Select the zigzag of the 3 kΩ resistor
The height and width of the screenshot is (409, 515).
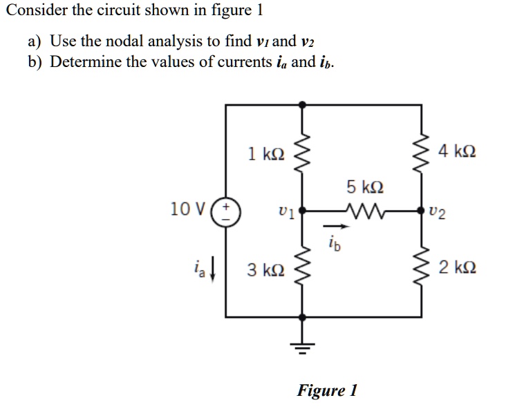pos(301,268)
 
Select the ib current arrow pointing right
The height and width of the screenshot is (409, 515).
pos(333,225)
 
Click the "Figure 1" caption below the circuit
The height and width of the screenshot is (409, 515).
pos(326,390)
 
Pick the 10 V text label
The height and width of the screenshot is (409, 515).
pos(187,208)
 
